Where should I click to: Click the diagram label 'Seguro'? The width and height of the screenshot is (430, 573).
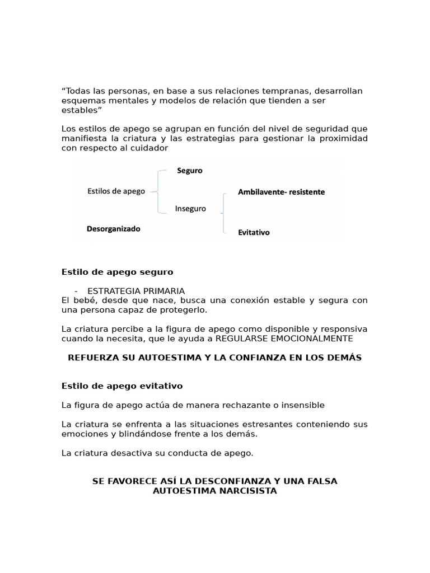[190, 171]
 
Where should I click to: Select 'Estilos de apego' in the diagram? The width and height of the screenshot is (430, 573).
[116, 191]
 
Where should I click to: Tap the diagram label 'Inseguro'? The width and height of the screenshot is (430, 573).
[190, 209]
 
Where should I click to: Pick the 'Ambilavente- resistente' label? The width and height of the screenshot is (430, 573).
[281, 192]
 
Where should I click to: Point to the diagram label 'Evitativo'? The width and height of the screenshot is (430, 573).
[254, 232]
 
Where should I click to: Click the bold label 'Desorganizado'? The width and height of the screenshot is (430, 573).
[114, 229]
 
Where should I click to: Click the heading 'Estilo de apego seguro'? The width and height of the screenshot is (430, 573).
[117, 272]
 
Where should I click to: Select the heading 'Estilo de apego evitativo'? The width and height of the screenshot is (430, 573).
[121, 386]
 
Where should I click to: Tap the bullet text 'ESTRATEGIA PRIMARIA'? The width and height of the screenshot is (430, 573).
[136, 291]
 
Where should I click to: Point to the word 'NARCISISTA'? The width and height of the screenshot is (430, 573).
[250, 491]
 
